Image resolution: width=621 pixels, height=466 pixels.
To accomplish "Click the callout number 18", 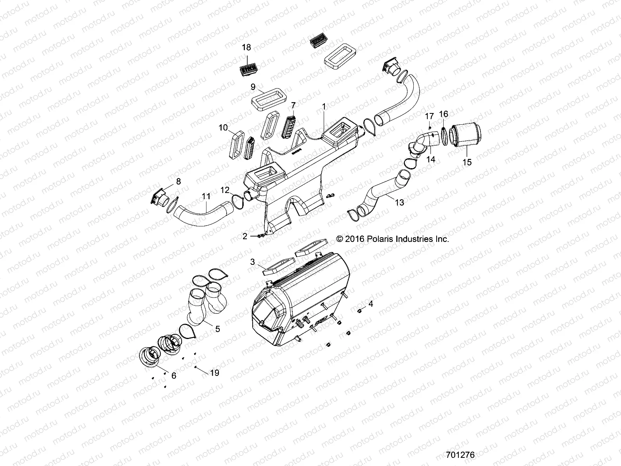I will pyautogui.click(x=246, y=47).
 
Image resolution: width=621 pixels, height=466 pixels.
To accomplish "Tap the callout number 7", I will pyautogui.click(x=293, y=105).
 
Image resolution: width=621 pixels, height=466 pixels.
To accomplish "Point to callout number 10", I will pyautogui.click(x=223, y=127).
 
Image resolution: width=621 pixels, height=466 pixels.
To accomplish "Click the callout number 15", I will pyautogui.click(x=467, y=162).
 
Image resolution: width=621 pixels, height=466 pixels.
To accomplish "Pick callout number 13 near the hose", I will pyautogui.click(x=399, y=202).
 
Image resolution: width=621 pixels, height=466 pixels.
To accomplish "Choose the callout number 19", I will pyautogui.click(x=214, y=373).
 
